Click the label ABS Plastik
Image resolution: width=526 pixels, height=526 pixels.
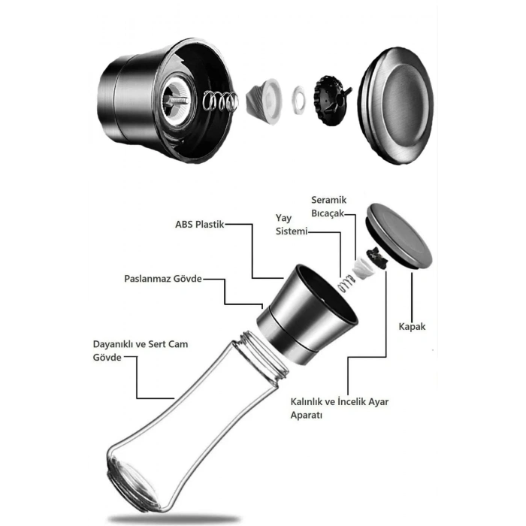click(200, 224)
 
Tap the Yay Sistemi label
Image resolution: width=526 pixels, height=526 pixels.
click(292, 225)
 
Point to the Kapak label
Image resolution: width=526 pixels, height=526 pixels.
click(412, 327)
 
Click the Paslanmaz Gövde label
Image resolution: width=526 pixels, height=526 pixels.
click(163, 279)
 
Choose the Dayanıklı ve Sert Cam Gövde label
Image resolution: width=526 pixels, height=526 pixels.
click(140, 351)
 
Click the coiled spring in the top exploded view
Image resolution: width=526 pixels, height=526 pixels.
click(222, 99)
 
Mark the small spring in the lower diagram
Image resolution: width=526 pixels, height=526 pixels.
click(347, 286)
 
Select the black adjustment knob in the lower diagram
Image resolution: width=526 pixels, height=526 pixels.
click(374, 258)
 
